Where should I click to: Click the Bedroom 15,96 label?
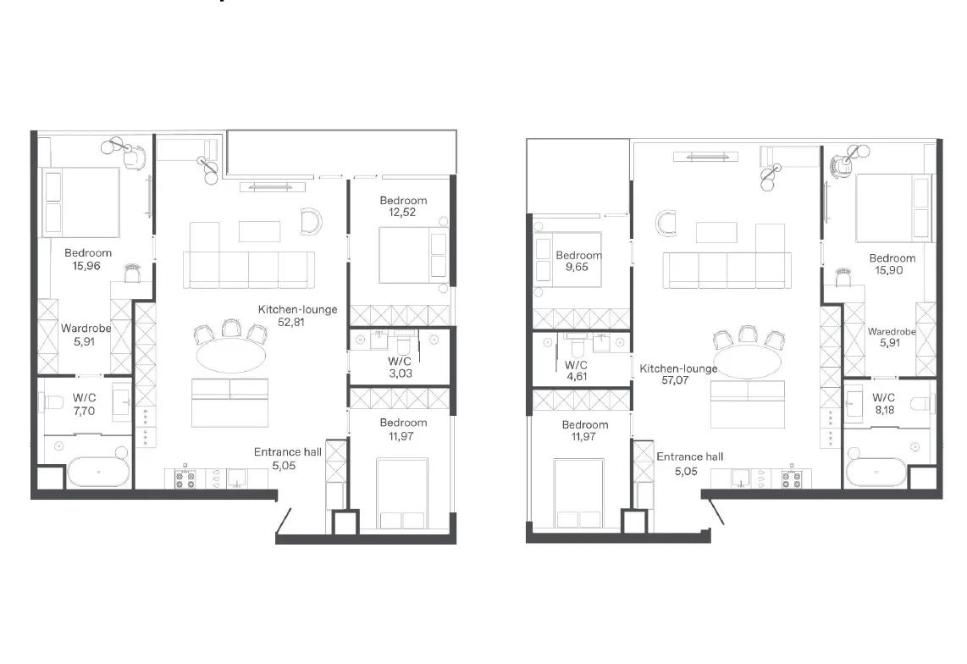[x=87, y=259]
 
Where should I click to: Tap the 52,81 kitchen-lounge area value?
[x=291, y=322]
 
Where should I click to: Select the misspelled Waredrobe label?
[x=891, y=331]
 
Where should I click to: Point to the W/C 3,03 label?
[x=400, y=368]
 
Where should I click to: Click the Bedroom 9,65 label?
[x=577, y=261]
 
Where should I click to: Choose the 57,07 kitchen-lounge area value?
[x=675, y=380]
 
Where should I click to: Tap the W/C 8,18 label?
[x=884, y=404]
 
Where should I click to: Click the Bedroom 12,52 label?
[x=403, y=206]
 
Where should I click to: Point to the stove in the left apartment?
[x=185, y=479]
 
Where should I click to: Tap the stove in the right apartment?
[x=791, y=479]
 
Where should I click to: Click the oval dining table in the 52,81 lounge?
[x=231, y=357]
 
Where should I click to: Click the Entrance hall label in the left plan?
[x=287, y=452]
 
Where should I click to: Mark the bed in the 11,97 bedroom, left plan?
[x=402, y=494]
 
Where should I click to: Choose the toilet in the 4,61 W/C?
[x=576, y=346]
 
